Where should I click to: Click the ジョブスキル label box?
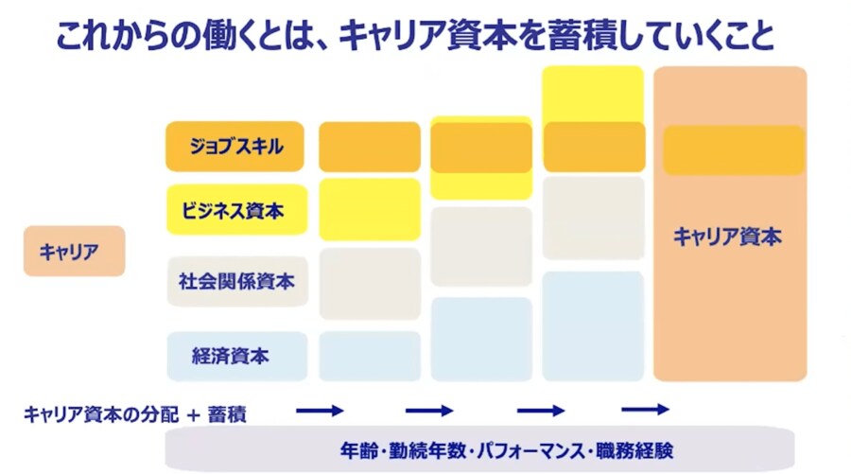(234, 146)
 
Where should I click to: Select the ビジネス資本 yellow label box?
(236, 210)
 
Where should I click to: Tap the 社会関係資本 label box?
(237, 281)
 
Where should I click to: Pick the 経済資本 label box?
(236, 356)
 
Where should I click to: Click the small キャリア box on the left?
(75, 251)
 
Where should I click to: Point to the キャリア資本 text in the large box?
(727, 237)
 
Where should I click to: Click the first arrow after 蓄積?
(320, 411)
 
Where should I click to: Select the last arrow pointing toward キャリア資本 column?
(645, 409)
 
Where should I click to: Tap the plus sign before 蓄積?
(193, 415)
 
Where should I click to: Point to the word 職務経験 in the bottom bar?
(635, 450)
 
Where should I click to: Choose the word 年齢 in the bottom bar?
(358, 450)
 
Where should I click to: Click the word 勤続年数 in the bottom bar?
(427, 450)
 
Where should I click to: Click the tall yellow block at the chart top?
(593, 94)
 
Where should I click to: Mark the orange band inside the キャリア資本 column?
(734, 149)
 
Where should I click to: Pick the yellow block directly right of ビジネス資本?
(370, 210)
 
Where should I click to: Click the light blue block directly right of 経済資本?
(370, 356)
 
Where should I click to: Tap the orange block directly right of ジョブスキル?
(370, 147)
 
